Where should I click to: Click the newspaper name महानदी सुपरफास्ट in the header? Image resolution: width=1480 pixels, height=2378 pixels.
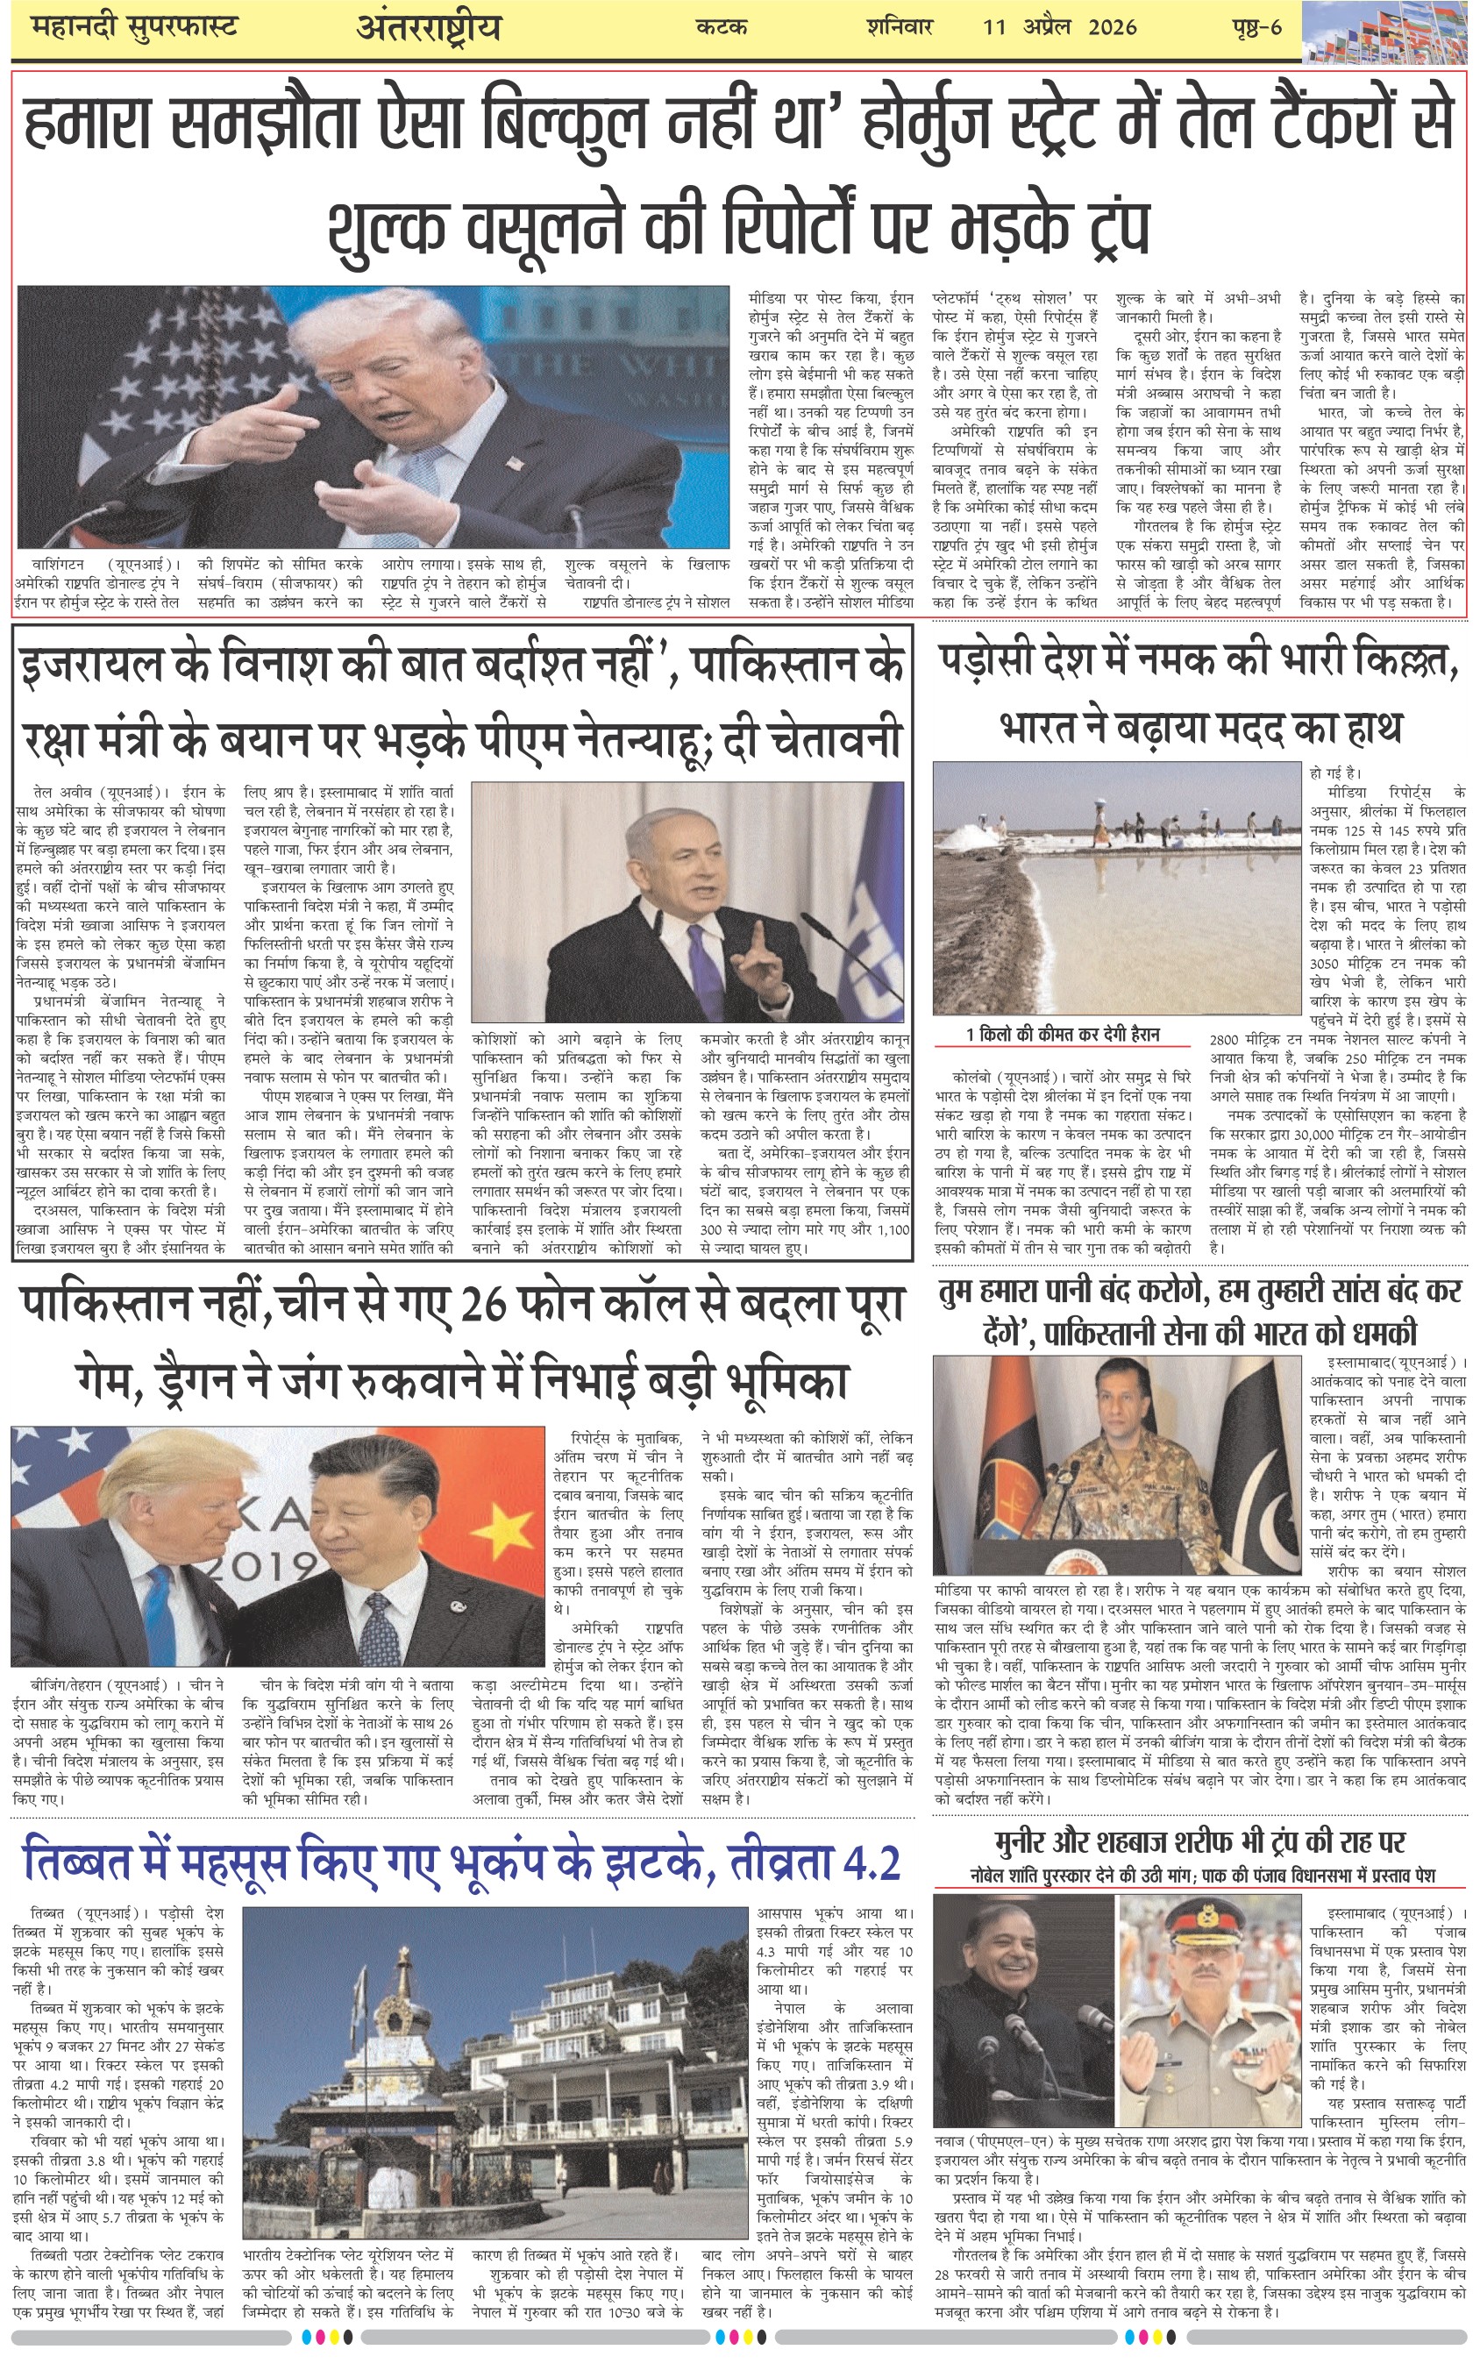click(x=134, y=26)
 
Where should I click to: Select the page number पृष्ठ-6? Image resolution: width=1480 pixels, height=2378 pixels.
click(x=1256, y=26)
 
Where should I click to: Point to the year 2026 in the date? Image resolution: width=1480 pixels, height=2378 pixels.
click(x=1111, y=26)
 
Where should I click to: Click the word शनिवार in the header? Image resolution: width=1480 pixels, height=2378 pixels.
click(x=899, y=26)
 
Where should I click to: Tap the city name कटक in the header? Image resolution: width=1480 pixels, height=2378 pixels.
click(x=722, y=26)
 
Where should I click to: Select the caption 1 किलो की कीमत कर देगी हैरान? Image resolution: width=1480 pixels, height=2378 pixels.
click(x=1062, y=1035)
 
